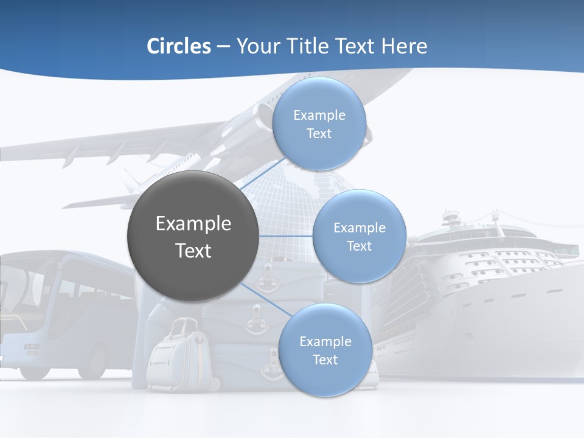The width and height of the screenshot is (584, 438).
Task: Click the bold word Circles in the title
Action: tap(178, 46)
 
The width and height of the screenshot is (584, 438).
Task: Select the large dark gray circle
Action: tap(193, 236)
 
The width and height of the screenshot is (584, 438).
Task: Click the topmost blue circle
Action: tap(319, 124)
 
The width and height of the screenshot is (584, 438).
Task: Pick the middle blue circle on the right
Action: tap(359, 236)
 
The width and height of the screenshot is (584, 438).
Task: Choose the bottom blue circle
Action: tap(325, 350)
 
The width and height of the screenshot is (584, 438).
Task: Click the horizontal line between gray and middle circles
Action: tap(286, 236)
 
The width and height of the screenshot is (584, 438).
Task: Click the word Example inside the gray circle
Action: tap(193, 224)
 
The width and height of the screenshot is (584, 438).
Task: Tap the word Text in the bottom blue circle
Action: tap(325, 360)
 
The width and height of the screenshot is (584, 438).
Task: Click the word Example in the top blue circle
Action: tap(319, 116)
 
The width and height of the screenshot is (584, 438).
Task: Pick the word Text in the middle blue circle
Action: tap(359, 246)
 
